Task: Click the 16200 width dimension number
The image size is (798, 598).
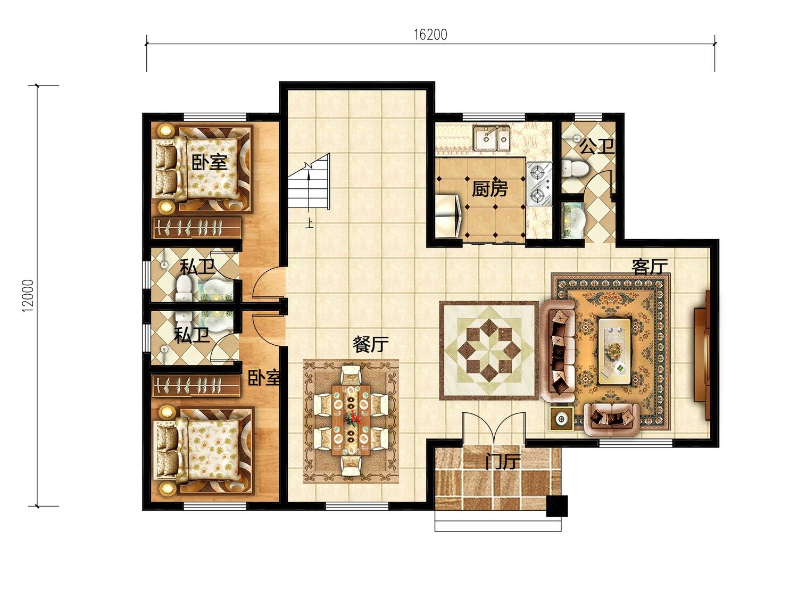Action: tap(430, 35)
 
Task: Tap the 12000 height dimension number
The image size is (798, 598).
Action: tap(28, 296)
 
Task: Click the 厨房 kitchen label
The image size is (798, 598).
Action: tap(489, 189)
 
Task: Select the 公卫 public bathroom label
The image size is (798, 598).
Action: tap(596, 146)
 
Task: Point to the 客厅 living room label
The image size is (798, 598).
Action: tap(650, 267)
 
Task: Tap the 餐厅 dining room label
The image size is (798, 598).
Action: tap(370, 344)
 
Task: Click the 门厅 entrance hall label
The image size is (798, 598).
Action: tap(503, 462)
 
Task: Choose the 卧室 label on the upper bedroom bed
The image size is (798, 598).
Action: tap(210, 162)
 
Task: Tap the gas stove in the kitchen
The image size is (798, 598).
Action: tap(539, 184)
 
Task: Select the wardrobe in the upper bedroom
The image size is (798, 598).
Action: tap(196, 228)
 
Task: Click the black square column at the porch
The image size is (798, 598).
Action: tap(557, 505)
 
